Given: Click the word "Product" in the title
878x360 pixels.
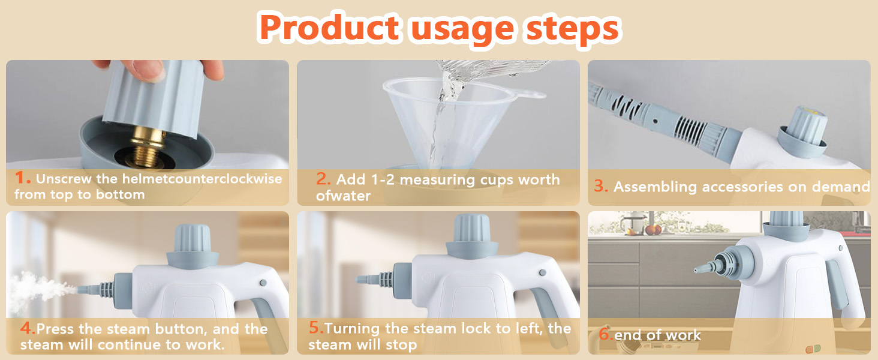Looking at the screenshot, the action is click(330, 28).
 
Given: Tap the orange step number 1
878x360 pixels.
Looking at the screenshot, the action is click(22, 178).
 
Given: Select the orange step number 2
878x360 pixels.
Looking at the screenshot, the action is click(323, 178).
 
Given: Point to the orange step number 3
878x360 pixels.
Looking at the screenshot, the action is click(601, 186).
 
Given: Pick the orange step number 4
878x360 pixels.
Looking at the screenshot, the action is click(28, 328).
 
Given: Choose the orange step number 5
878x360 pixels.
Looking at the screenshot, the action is click(316, 328).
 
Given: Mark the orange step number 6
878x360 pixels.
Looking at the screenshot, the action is click(606, 334).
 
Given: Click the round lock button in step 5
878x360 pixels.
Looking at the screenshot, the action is click(543, 272).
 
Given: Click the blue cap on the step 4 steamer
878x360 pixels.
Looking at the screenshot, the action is click(193, 245).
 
